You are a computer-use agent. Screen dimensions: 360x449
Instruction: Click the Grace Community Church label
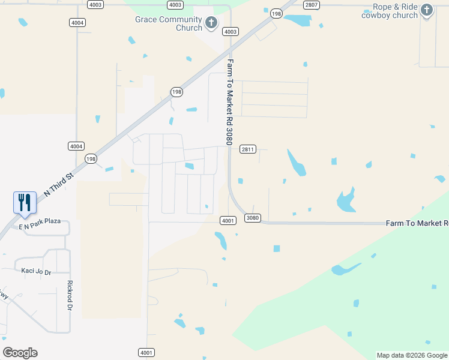click(168, 23)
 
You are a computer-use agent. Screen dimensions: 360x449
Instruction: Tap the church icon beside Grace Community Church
click(211, 23)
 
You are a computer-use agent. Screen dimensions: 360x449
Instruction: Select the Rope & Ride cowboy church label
click(390, 11)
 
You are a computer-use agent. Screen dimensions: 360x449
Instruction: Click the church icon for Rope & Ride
click(427, 10)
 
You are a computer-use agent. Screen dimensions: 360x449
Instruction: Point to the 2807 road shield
click(311, 5)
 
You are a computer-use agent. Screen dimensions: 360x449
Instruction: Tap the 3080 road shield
click(253, 218)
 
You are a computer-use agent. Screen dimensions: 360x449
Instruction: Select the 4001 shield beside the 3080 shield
click(228, 221)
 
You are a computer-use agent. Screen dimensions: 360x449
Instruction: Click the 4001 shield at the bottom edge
click(146, 352)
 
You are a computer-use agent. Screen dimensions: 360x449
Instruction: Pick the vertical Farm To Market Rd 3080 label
click(229, 102)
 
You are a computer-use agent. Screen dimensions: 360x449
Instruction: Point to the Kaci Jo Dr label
click(36, 271)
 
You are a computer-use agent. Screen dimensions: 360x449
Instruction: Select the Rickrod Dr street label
click(70, 296)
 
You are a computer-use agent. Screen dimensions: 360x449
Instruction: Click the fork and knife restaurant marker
click(25, 202)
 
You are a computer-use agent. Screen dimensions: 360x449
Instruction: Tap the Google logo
click(20, 353)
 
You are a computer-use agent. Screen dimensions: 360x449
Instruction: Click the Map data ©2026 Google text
click(411, 355)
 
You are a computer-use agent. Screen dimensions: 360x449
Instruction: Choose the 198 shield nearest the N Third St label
click(91, 159)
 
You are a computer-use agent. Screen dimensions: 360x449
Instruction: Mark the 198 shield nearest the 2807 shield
click(276, 13)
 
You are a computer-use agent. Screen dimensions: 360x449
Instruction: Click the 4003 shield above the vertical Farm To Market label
click(230, 31)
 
